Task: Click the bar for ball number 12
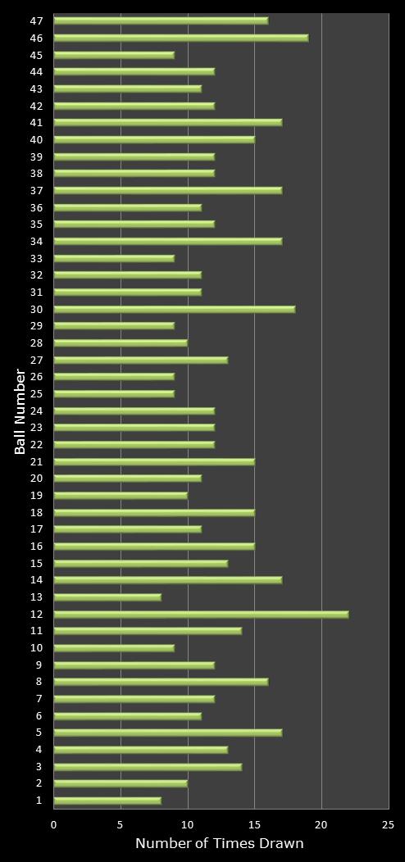(x=201, y=614)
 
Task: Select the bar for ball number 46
(x=180, y=38)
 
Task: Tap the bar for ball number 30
(x=174, y=309)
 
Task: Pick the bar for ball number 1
(x=107, y=801)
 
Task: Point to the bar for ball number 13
(x=107, y=597)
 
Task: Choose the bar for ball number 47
(x=161, y=20)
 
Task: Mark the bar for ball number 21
(x=154, y=461)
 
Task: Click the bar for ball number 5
(x=167, y=733)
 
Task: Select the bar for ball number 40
(x=154, y=139)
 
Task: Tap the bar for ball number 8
(x=161, y=682)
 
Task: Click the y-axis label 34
(x=37, y=241)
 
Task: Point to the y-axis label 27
(x=37, y=360)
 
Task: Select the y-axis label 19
(x=37, y=495)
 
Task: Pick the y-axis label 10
(x=37, y=648)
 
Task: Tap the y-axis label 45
(x=37, y=55)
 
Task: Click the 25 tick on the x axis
(x=389, y=825)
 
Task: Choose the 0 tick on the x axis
(x=54, y=825)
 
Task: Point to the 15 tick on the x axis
(x=254, y=825)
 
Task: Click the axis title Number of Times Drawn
(x=220, y=844)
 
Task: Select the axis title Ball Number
(x=20, y=411)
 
